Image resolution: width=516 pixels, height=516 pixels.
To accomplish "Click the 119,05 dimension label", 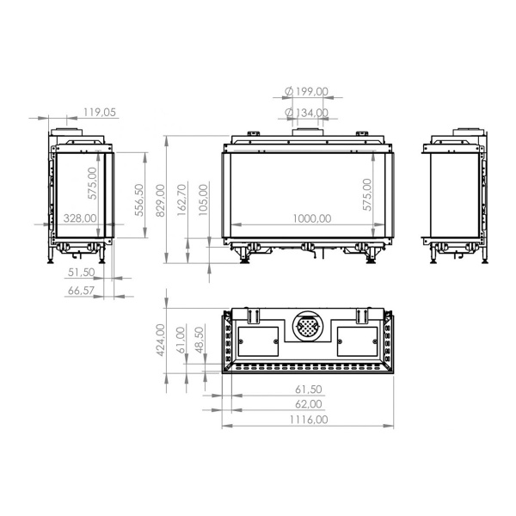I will [x=100, y=112].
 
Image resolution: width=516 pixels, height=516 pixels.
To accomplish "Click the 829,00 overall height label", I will [x=158, y=201].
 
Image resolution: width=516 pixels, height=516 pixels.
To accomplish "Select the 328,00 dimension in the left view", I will [x=78, y=218].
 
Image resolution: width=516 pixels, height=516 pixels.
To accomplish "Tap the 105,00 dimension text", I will [x=204, y=200].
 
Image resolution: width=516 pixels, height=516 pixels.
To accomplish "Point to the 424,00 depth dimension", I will [x=159, y=340].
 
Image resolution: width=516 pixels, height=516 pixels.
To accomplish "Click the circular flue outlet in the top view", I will [x=307, y=328].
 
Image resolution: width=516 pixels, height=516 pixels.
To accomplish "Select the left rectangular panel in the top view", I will [x=257, y=341].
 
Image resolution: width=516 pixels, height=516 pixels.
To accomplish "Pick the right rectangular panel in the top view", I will [x=356, y=341].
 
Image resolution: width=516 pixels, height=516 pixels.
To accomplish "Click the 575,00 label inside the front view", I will [x=367, y=195].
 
